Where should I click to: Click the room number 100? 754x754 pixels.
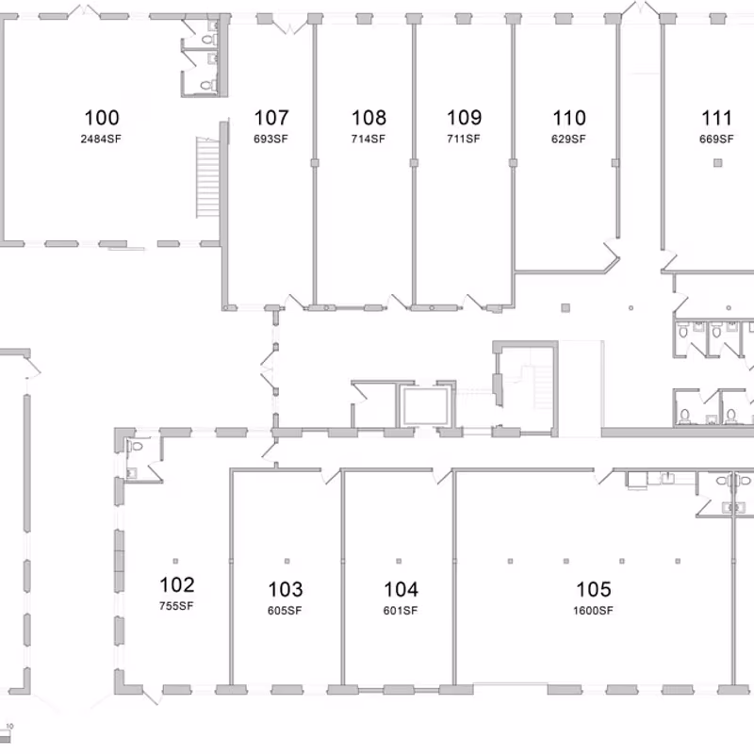[102, 118]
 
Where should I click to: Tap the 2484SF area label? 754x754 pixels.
[102, 139]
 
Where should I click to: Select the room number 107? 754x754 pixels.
[271, 118]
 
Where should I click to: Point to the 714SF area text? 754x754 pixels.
[369, 139]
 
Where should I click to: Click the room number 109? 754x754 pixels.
[464, 118]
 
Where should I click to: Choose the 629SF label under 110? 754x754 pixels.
[568, 139]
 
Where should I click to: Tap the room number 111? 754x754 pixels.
[716, 118]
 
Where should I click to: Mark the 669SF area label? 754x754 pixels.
[716, 139]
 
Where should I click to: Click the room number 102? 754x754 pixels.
[176, 584]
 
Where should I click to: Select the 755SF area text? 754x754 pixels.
[176, 606]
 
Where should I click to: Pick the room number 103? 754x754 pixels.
[285, 589]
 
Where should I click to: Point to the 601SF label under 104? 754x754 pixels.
[400, 611]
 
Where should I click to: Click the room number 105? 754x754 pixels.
[593, 589]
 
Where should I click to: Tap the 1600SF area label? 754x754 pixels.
[593, 611]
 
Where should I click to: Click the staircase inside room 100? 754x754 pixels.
[205, 177]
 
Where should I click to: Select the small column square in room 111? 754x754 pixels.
[717, 164]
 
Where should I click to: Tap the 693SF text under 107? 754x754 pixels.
[271, 139]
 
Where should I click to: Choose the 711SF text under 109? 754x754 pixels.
[464, 139]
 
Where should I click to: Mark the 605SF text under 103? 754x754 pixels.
[285, 611]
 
